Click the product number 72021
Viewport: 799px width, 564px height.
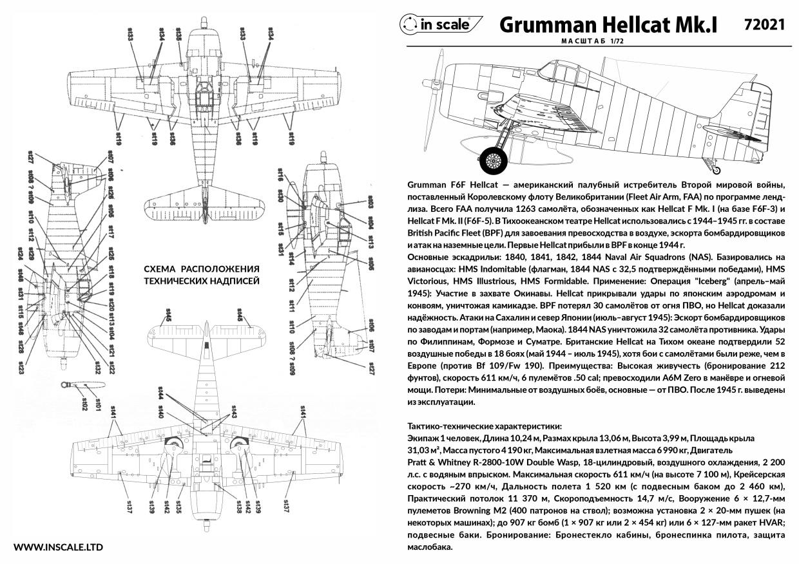(764, 24)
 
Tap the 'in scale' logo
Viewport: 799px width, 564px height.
(441, 24)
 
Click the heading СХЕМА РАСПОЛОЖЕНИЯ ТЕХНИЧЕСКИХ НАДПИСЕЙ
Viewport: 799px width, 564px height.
(201, 275)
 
